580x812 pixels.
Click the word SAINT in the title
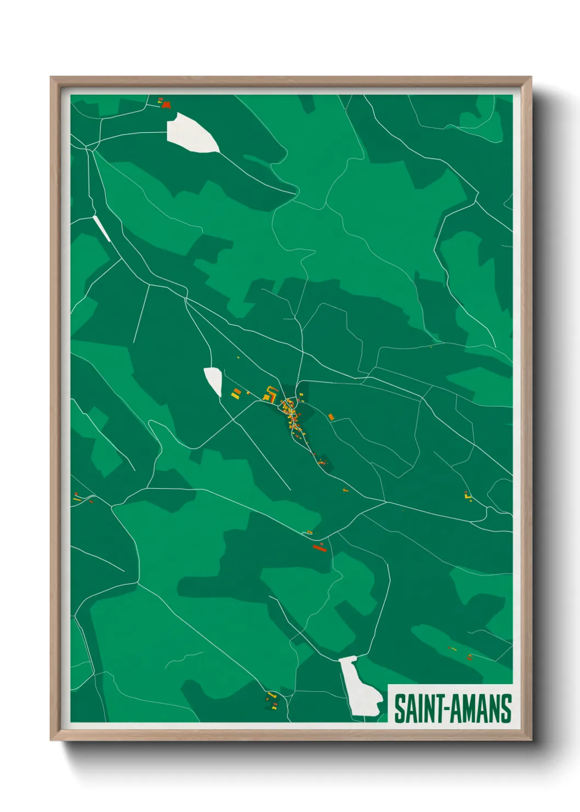tap(414, 709)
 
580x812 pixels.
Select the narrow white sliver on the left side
tap(102, 228)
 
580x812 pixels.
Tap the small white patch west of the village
tap(213, 380)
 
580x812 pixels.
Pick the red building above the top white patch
tap(166, 104)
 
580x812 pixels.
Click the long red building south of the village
tap(319, 546)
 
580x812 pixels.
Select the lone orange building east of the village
tap(331, 417)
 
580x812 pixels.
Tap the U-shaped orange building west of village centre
tap(270, 393)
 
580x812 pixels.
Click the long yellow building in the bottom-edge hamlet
tap(271, 695)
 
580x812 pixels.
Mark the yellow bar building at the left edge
tap(77, 499)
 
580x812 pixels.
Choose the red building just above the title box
tap(469, 656)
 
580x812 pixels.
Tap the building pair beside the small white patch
tap(236, 393)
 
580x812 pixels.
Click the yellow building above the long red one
tap(310, 532)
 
